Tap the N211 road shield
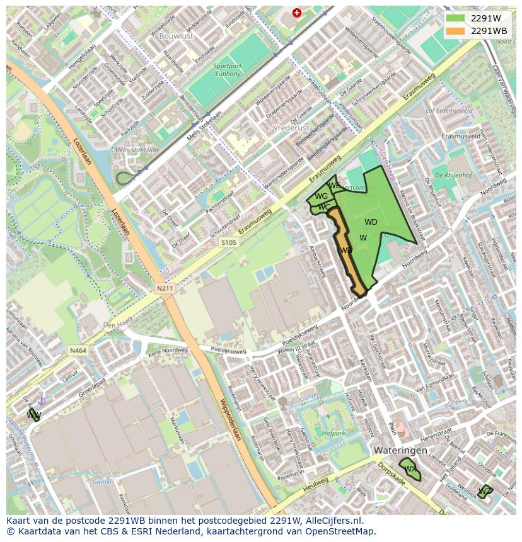pyautogui.click(x=165, y=288)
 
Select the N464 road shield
pyautogui.click(x=78, y=350)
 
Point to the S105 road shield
pyautogui.click(x=228, y=242)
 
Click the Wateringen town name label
pyautogui.click(x=400, y=451)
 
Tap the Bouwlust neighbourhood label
pyautogui.click(x=176, y=37)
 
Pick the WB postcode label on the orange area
pyautogui.click(x=346, y=251)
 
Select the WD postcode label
pyautogui.click(x=371, y=222)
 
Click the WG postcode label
pyautogui.click(x=321, y=196)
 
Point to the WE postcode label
pyautogui.click(x=334, y=186)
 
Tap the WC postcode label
pyautogui.click(x=324, y=206)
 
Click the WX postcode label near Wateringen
pyautogui.click(x=410, y=469)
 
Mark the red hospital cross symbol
pyautogui.click(x=297, y=13)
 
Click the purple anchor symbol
pyautogui.click(x=42, y=400)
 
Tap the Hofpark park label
pyautogui.click(x=333, y=433)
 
